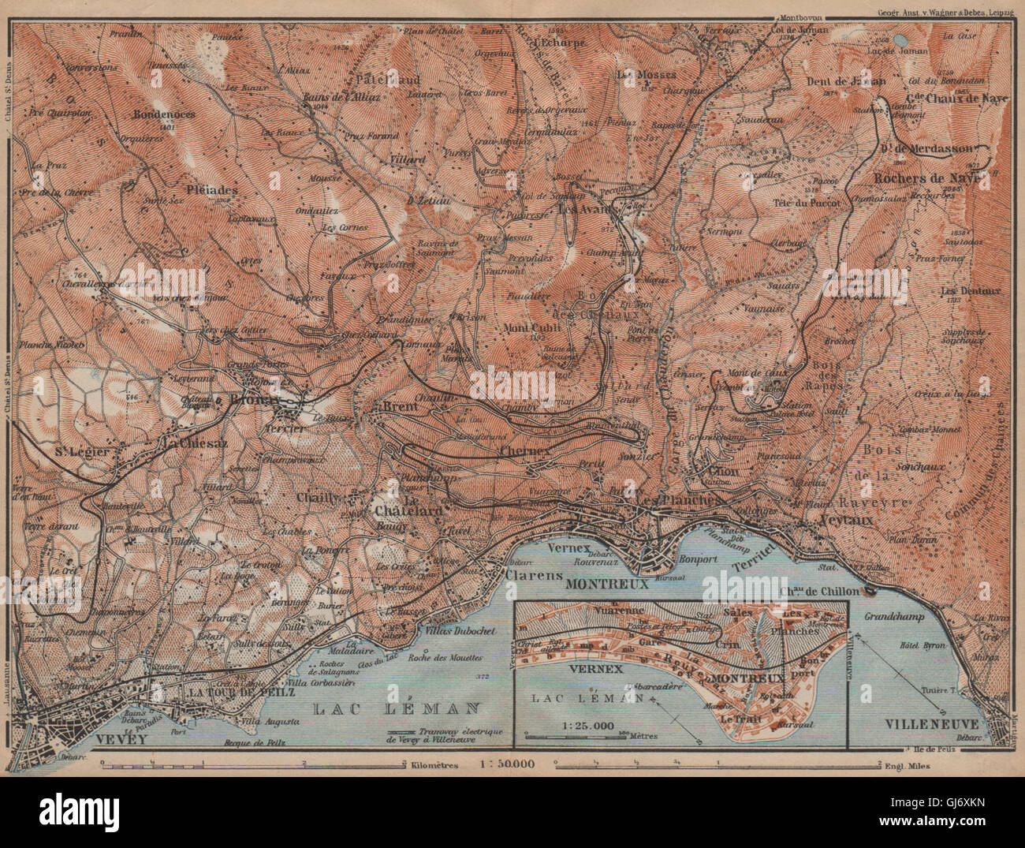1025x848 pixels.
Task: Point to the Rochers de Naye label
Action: [925, 179]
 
